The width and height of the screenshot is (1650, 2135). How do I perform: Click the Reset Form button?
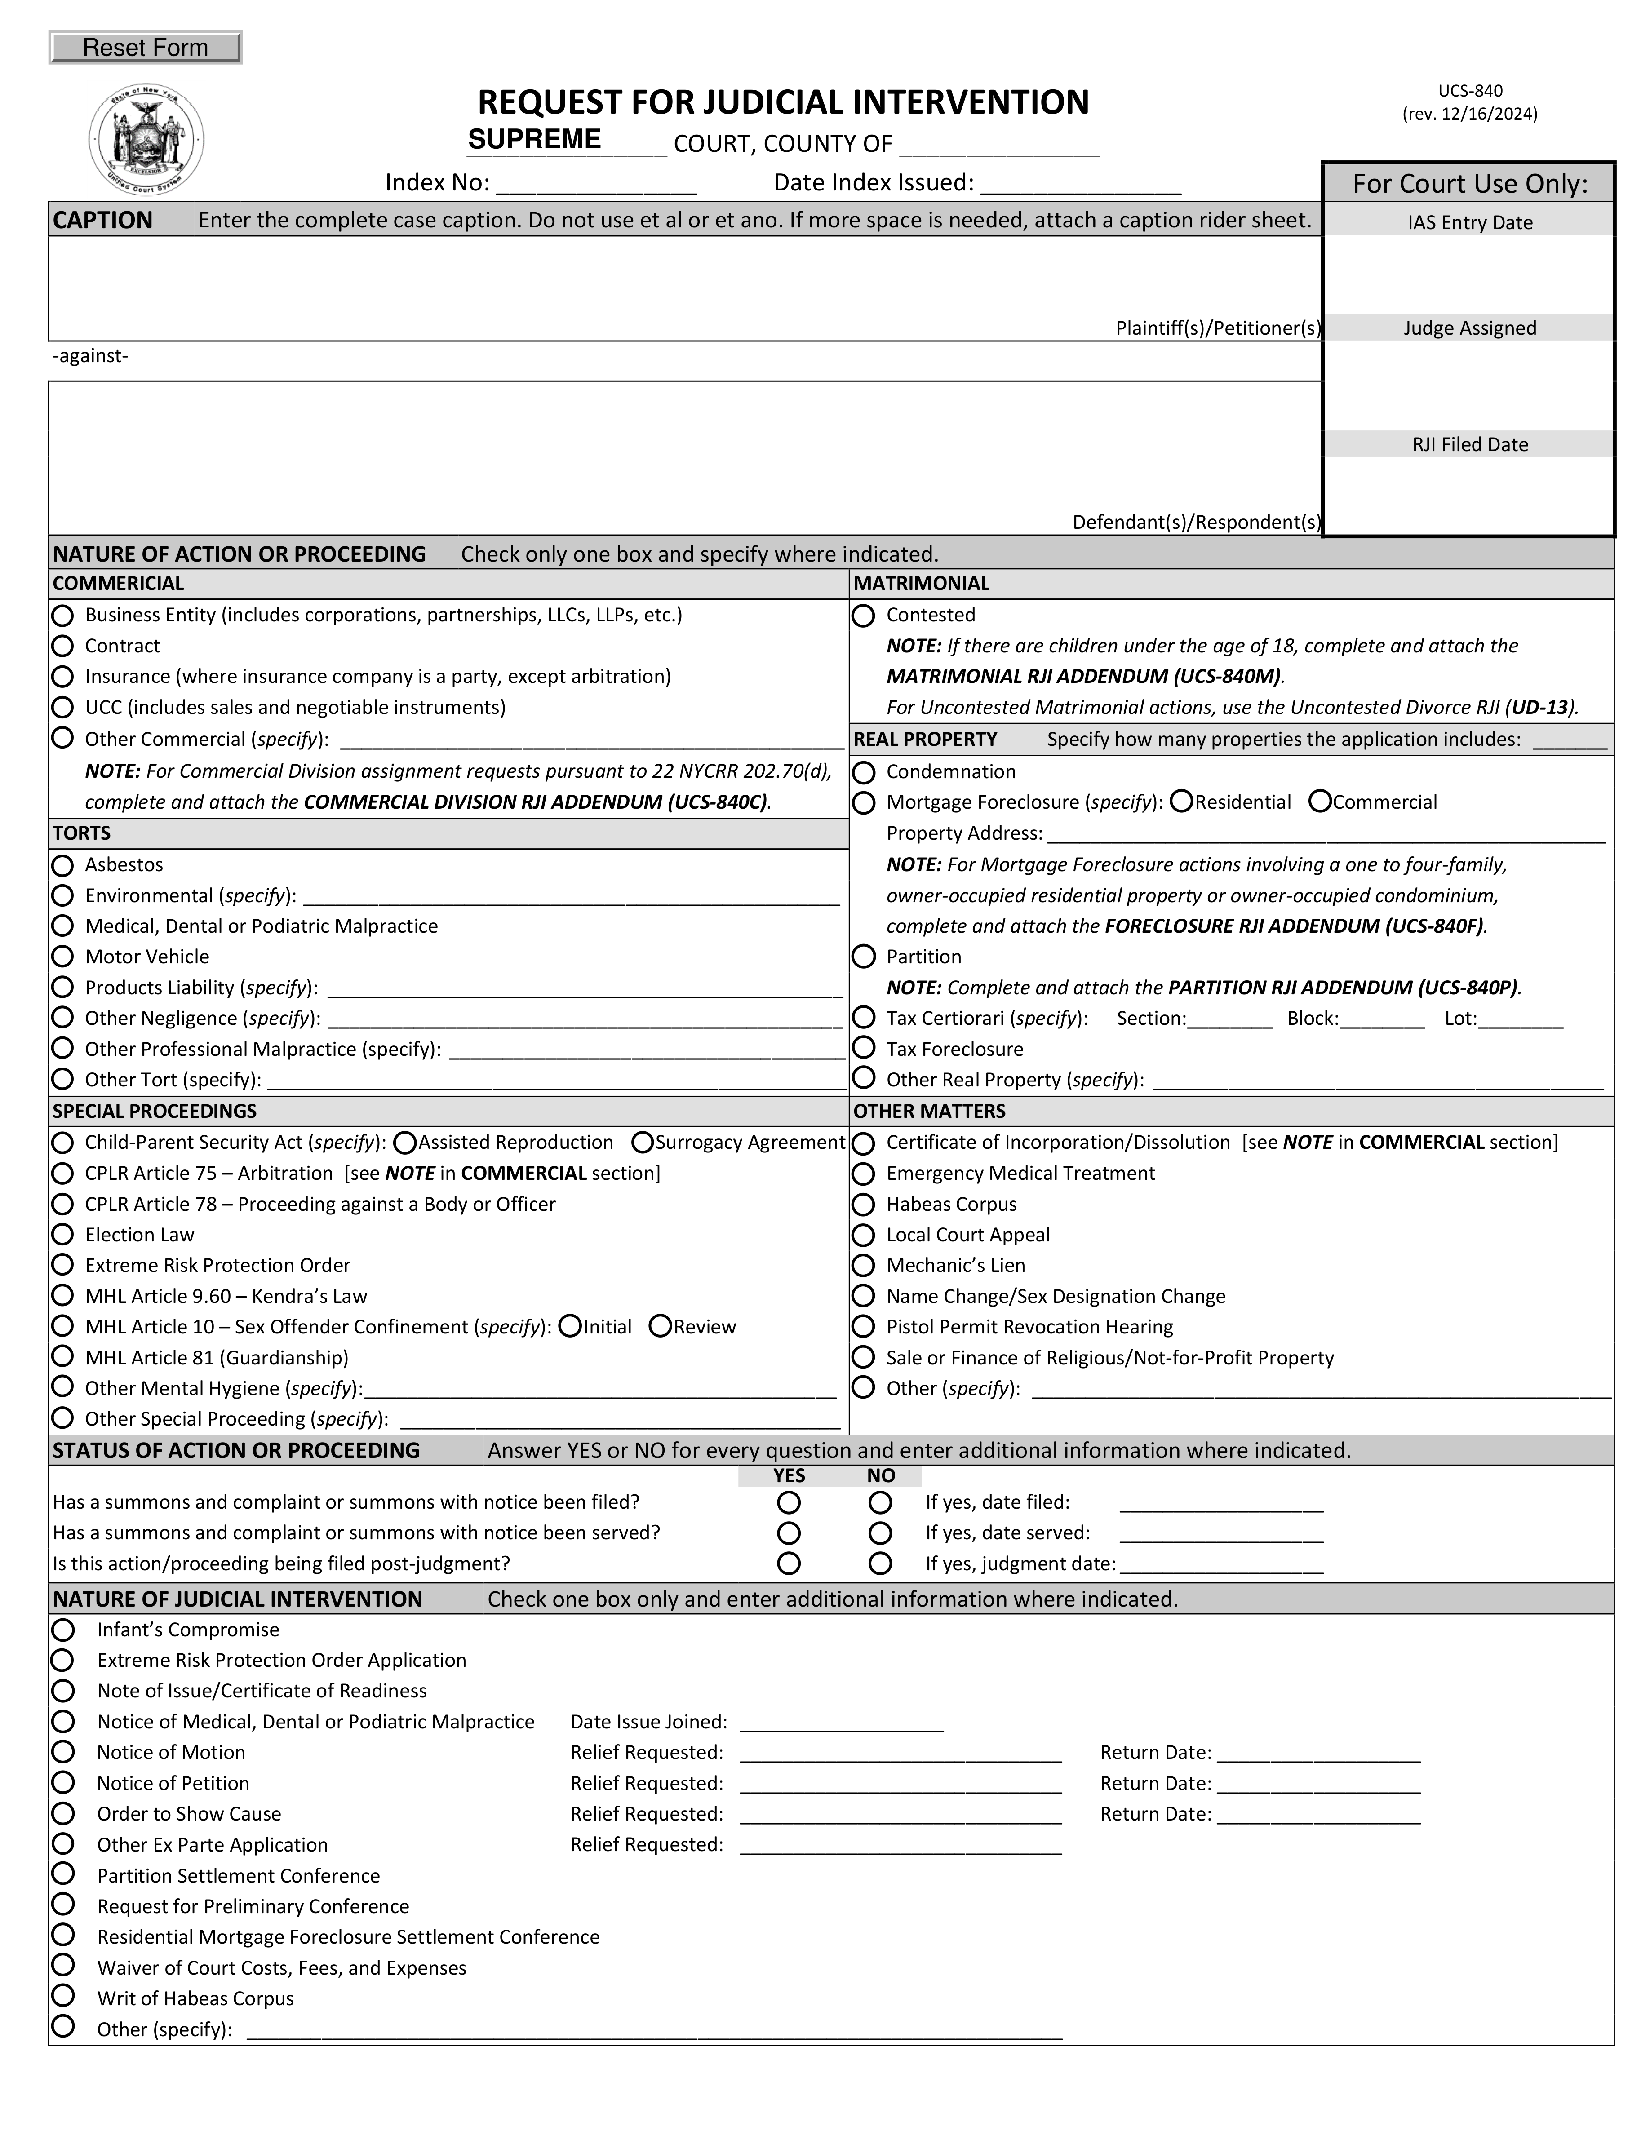tap(145, 47)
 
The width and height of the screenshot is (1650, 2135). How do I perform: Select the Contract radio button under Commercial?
tap(62, 645)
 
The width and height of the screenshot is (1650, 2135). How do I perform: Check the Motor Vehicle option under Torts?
tap(62, 956)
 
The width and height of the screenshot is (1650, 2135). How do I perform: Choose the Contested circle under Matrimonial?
tap(864, 615)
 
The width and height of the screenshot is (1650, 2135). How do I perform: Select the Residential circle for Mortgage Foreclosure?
tap(1181, 802)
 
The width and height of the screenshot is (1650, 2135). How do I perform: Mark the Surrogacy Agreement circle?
tap(642, 1142)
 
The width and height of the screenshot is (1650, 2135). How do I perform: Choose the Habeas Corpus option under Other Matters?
tap(864, 1203)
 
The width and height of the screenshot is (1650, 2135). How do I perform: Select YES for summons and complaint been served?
tap(789, 1533)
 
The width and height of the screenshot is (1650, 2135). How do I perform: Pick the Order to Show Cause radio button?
tap(62, 1813)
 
